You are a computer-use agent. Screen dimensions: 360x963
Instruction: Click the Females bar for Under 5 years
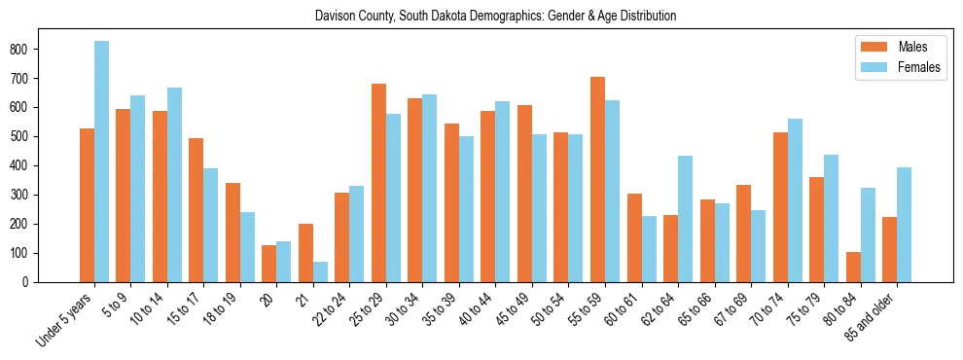tap(101, 162)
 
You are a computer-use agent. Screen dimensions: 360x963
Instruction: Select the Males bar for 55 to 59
tap(597, 179)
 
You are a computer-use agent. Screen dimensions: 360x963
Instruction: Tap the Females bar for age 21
tap(320, 271)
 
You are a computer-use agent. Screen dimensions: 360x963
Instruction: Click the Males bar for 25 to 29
tap(378, 183)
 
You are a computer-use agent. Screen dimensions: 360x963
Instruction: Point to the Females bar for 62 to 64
tap(685, 219)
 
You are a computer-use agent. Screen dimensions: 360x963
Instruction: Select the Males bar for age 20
tap(269, 264)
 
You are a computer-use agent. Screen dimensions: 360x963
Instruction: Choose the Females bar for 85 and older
tap(904, 225)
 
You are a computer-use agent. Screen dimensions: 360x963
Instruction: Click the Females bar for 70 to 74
tap(795, 200)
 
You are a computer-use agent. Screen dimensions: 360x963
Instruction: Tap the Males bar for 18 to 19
tap(232, 233)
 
